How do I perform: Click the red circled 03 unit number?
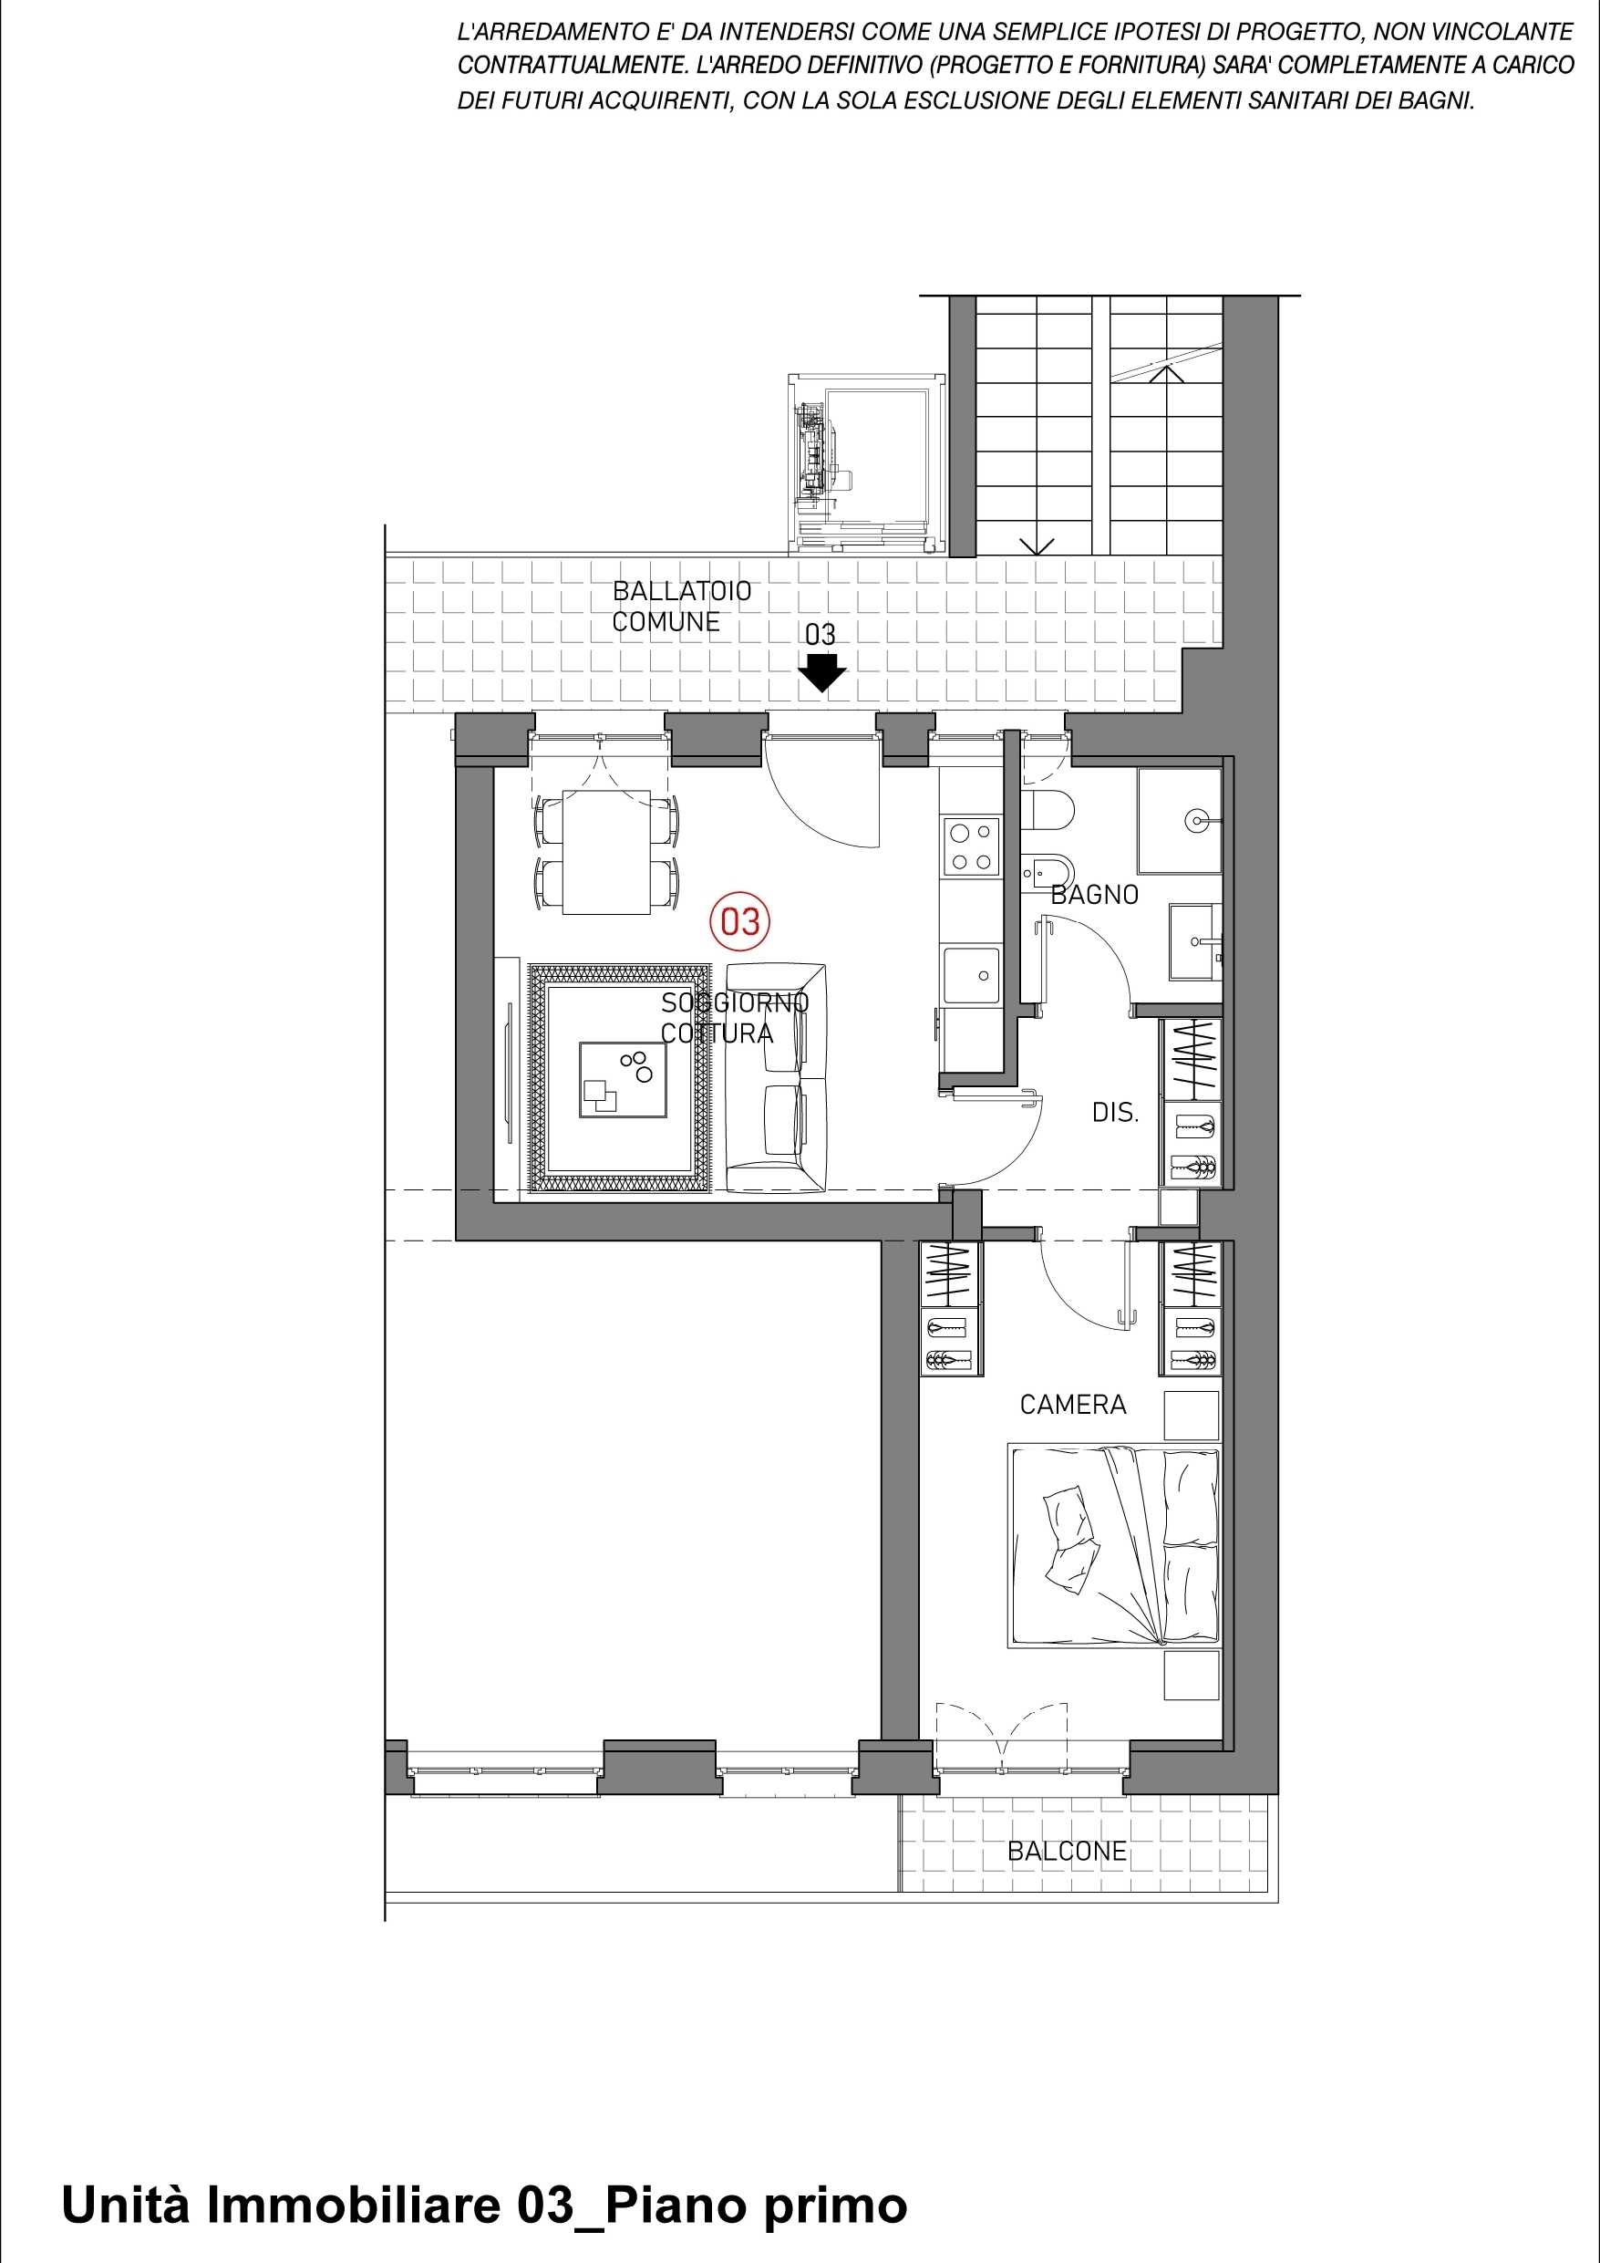740,921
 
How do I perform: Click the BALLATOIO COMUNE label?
681,607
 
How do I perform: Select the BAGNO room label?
1095,895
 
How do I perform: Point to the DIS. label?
1115,1114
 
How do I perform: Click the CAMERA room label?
1073,1405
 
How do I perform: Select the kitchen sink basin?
970,975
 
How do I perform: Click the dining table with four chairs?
606,852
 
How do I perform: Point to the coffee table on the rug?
624,1079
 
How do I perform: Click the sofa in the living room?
777,1077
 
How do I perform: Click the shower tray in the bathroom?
1180,821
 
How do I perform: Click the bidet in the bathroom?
1040,869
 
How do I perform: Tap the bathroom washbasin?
1196,942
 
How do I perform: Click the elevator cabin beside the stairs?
866,462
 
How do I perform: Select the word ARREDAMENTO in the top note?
560,33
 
